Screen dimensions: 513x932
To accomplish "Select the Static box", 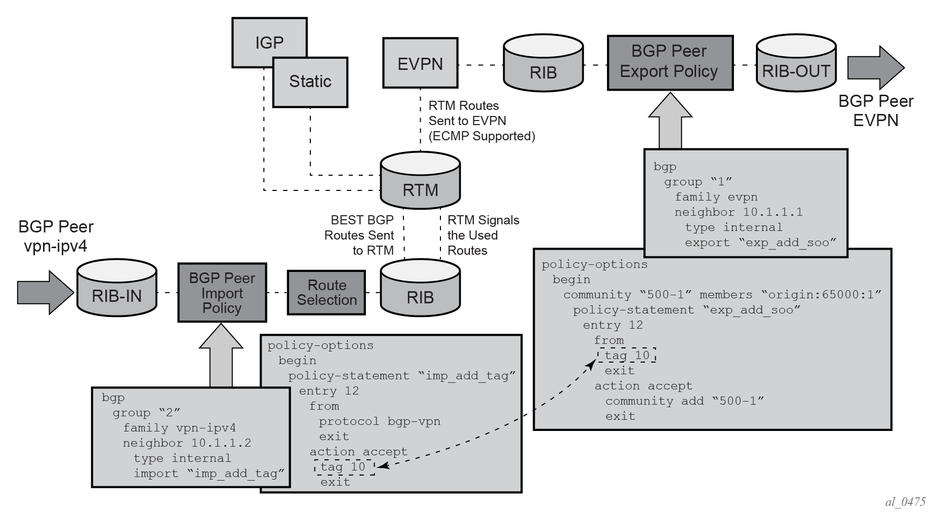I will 310,82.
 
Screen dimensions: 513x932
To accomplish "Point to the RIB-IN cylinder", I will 116,290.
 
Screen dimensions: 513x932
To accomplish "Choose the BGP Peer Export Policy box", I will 670,63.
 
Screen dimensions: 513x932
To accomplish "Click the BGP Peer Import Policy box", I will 222,293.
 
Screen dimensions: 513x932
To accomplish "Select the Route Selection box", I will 327,293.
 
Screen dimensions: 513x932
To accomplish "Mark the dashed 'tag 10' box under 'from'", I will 627,356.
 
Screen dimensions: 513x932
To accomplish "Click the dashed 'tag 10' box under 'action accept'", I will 344,467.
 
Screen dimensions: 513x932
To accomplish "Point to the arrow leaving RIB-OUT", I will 875,67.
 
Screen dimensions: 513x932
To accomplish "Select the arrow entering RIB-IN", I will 45,293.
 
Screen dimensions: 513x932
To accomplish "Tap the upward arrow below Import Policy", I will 221,356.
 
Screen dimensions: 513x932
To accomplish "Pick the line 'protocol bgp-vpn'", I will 379,421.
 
